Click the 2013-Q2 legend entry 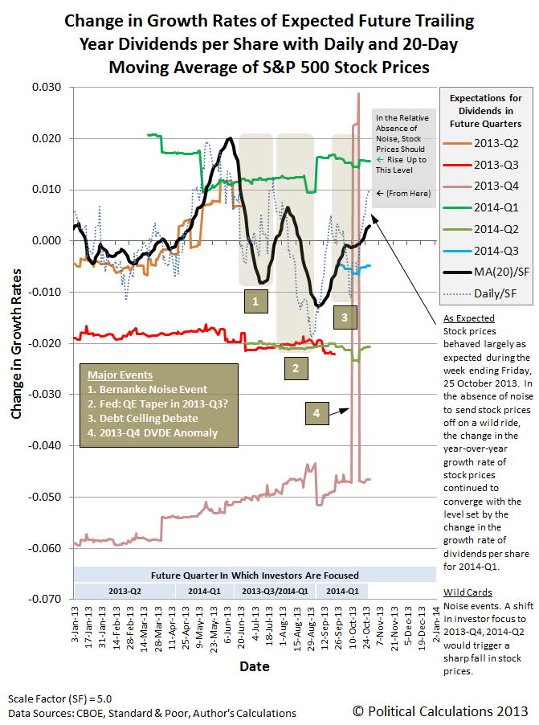click(489, 145)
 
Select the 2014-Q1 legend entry click(489, 207)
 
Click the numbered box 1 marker click(255, 301)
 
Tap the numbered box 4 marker click(316, 413)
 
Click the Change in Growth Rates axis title click(17, 342)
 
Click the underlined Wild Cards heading click(463, 592)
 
